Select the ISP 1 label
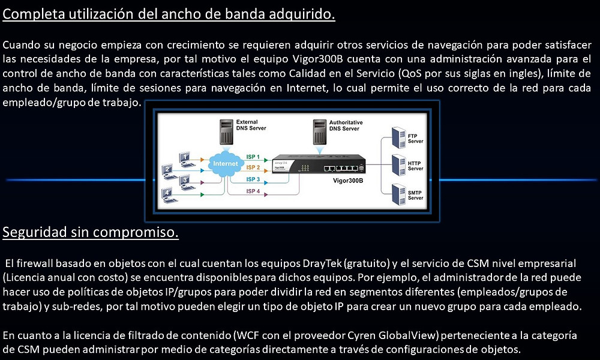tap(253, 156)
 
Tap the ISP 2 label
tap(253, 167)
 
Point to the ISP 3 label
tap(253, 179)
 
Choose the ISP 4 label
tap(253, 191)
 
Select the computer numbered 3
tap(184, 180)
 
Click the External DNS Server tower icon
tap(226, 131)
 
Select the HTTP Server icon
tap(397, 164)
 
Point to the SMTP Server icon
tap(397, 193)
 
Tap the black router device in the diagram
tap(318, 164)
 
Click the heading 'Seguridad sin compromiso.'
tap(91, 232)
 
